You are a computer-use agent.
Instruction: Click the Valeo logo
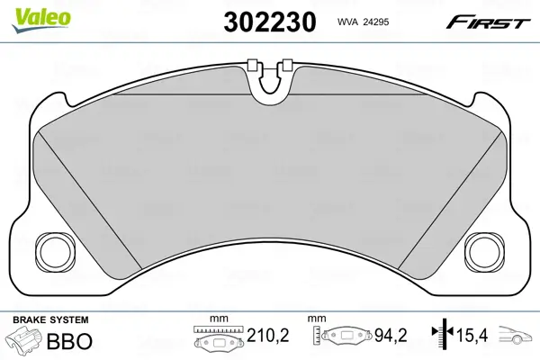pos(41,21)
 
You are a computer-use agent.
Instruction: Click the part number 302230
pos(270,22)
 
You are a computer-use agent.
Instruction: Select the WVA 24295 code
pos(363,22)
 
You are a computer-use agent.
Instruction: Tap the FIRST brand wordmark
pos(487,22)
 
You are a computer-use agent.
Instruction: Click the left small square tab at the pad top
pos(253,65)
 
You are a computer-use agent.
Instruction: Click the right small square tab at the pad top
pos(287,65)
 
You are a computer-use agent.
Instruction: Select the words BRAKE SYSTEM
pos(50,319)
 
